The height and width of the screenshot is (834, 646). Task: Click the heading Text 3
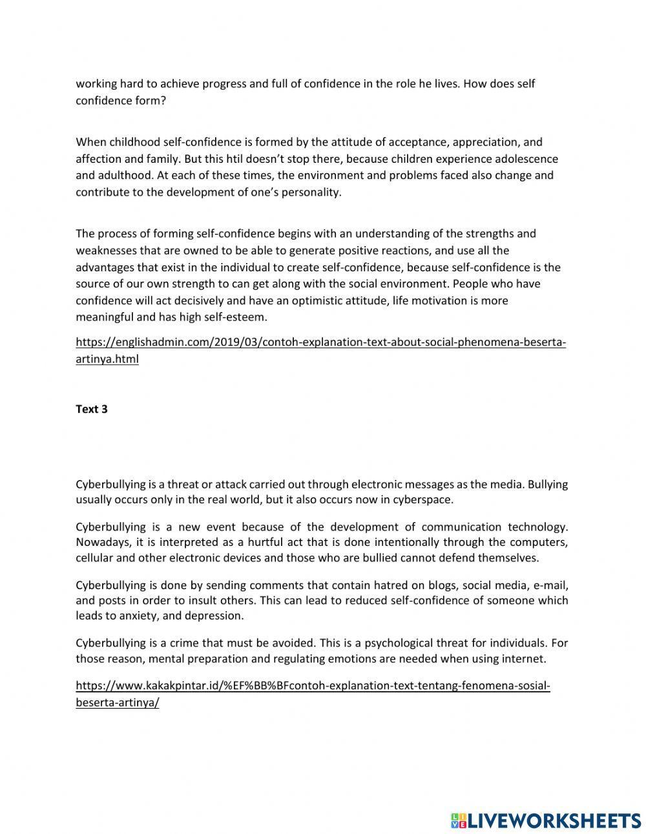(92, 409)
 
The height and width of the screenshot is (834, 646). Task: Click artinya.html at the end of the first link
(107, 359)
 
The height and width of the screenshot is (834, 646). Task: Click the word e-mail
(550, 585)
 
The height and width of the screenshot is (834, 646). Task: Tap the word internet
(525, 659)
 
